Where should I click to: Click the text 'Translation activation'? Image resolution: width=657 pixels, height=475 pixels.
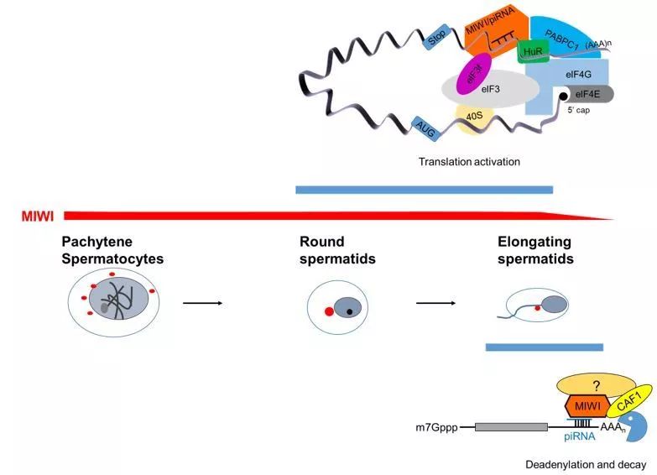pyautogui.click(x=469, y=161)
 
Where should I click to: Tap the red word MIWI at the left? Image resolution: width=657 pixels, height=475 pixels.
pyautogui.click(x=38, y=217)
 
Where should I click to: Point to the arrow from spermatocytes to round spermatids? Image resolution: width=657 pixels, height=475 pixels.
pyautogui.click(x=202, y=302)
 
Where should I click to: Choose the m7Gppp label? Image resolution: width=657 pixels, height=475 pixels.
pyautogui.click(x=437, y=427)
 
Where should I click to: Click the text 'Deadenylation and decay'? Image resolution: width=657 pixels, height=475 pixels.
pyautogui.click(x=585, y=464)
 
